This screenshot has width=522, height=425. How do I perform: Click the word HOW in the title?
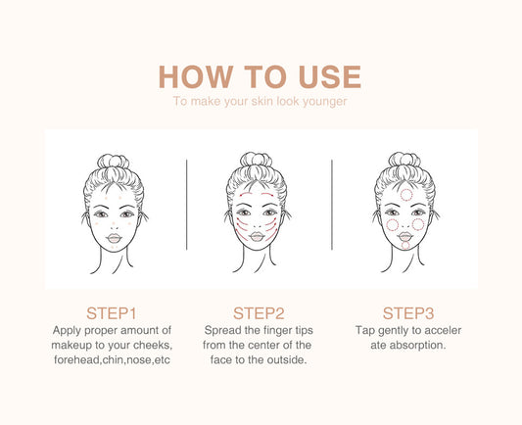196,77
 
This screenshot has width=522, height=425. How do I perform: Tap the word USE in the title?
330,77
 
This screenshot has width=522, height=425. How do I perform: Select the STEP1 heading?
112,313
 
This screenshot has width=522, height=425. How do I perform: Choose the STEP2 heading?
259,313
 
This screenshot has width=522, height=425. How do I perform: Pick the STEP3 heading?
408,313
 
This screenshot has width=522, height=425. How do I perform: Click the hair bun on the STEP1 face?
114,162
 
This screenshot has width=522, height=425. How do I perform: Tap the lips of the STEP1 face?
114,238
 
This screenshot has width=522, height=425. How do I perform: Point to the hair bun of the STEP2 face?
256,160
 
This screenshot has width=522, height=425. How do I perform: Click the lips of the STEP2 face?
257,237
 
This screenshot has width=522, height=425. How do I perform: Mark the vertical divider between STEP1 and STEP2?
187,205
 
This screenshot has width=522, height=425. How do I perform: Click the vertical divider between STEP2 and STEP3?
332,205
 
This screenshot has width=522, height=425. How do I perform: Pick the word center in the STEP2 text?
264,345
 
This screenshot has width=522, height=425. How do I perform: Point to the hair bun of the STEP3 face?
404,160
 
